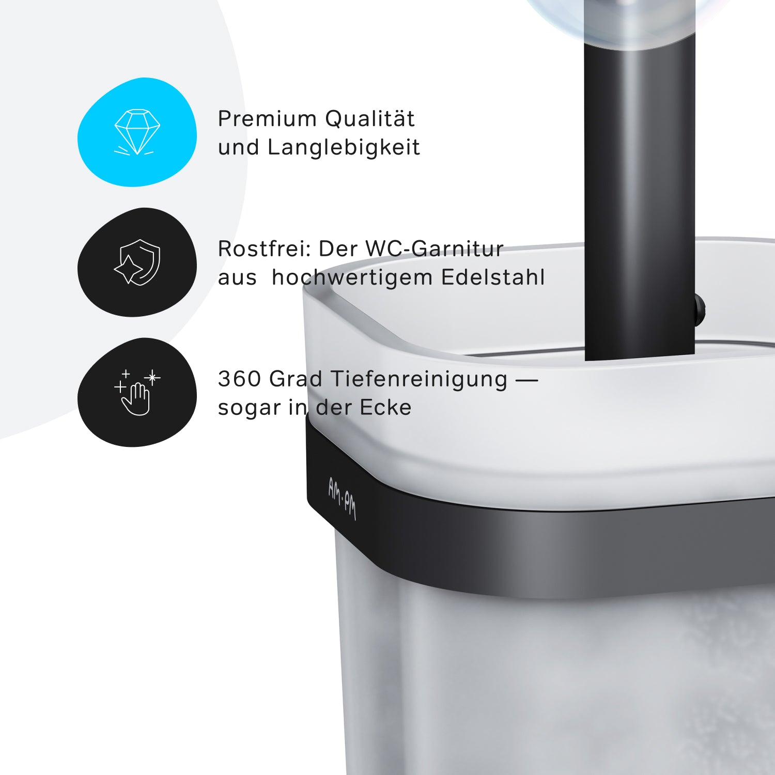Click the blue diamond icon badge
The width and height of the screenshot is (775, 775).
tap(137, 132)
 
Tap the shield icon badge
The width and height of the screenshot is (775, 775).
tap(137, 262)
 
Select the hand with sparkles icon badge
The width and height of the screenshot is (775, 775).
tap(137, 393)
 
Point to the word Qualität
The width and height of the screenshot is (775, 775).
tap(370, 118)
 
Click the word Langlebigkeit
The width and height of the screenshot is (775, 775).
tap(344, 147)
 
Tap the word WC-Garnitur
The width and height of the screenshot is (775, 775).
tap(435, 249)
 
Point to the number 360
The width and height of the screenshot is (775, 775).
tap(240, 379)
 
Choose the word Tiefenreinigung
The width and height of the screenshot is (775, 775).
tap(419, 380)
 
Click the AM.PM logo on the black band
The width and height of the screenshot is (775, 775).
tap(342, 498)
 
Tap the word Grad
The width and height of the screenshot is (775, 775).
tap(296, 379)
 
